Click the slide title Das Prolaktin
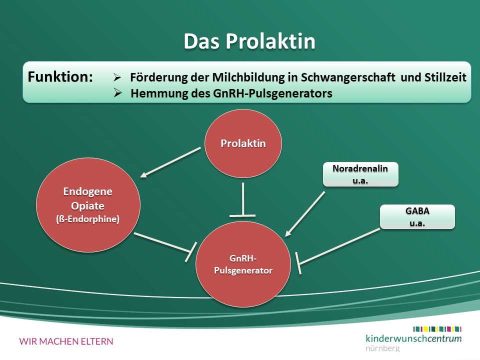(249, 41)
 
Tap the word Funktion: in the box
(60, 76)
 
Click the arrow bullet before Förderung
(117, 77)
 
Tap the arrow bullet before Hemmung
(117, 93)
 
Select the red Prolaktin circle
(243, 143)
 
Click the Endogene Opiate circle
(88, 205)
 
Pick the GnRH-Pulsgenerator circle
(243, 264)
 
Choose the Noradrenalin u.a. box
(360, 174)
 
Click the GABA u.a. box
(417, 216)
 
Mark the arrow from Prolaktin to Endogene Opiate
(170, 162)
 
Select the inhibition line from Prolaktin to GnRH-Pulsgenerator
(243, 199)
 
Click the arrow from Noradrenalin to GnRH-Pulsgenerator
(305, 214)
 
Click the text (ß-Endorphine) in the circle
(88, 219)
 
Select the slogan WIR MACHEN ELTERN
(66, 341)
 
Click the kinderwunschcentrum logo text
(413, 338)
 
